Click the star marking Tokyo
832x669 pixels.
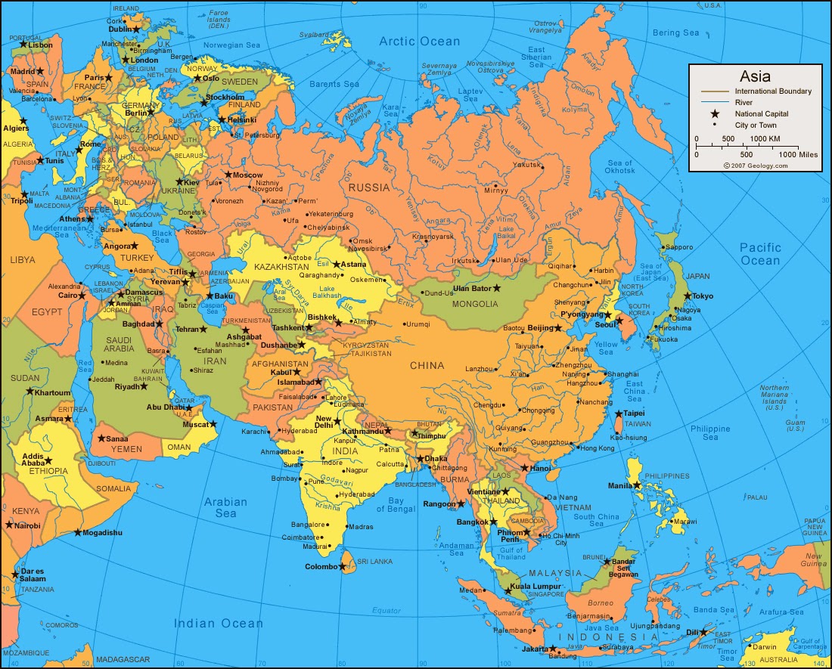[x=688, y=296]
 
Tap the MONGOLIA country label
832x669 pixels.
[x=475, y=304]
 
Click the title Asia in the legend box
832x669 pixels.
[x=755, y=76]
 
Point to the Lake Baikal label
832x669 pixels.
[x=506, y=233]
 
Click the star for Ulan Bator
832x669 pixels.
[x=497, y=288]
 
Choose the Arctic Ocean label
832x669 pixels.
[x=420, y=42]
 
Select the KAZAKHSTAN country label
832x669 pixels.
[x=283, y=267]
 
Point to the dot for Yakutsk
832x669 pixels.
[x=541, y=164]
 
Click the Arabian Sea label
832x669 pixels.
[x=225, y=507]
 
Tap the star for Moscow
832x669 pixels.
[x=228, y=175]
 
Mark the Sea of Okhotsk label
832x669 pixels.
[x=619, y=167]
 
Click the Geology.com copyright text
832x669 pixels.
[x=755, y=166]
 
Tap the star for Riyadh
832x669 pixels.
[x=144, y=386]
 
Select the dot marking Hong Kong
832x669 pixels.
[x=575, y=448]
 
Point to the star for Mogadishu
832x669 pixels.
[x=78, y=532]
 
